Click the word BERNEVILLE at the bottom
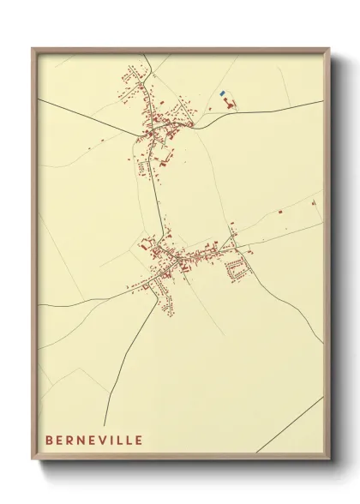(x=95, y=440)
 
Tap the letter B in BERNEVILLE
(x=50, y=440)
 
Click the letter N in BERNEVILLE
(x=81, y=440)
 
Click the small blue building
(x=222, y=93)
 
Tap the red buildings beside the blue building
(x=229, y=104)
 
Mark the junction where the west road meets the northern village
(x=136, y=135)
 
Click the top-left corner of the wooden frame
(x=33, y=49)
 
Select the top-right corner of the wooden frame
(x=329, y=49)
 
